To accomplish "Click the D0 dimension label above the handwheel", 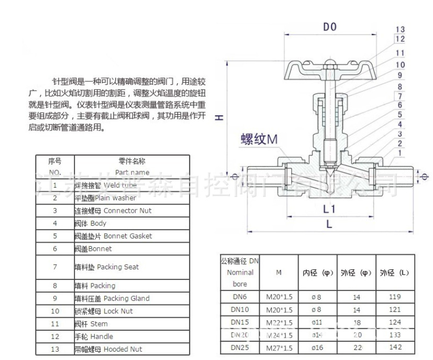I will [x=329, y=27].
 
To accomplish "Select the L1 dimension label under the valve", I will [x=329, y=210].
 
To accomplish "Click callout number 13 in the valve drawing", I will [x=401, y=29].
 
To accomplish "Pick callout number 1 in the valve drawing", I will [x=401, y=152].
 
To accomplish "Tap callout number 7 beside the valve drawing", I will [x=401, y=96].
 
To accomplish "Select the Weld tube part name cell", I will [x=105, y=186].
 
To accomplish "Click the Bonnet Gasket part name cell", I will [x=113, y=236].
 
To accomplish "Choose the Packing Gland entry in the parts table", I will [x=112, y=299].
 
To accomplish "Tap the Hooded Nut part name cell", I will [x=107, y=349].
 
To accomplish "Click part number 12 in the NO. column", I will [x=55, y=336].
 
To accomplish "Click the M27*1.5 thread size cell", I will [x=279, y=346].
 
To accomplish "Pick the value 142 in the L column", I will [x=395, y=346].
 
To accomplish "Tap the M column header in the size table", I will [x=279, y=272].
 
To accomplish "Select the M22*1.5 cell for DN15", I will [x=279, y=321].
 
